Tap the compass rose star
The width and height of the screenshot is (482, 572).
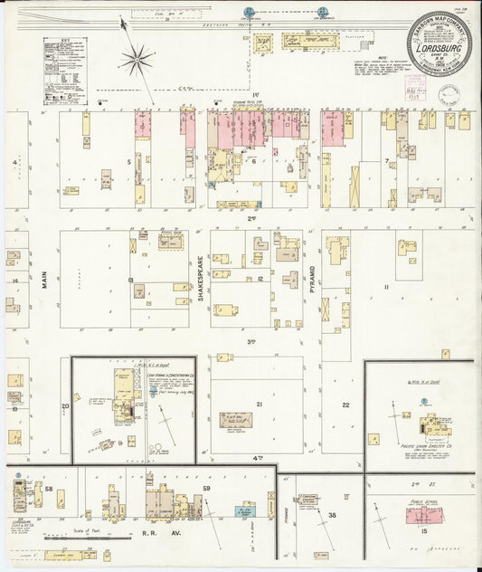point(137,62)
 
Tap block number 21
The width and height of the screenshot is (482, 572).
point(259,404)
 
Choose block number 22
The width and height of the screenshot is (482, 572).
point(345,405)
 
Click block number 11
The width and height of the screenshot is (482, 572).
point(384,287)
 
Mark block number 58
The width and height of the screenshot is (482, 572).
point(49,490)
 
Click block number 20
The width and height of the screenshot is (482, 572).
point(65,406)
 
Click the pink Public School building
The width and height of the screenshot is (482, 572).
point(422,515)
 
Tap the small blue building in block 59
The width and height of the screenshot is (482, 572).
point(244,511)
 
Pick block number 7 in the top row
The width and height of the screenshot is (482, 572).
point(386,162)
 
